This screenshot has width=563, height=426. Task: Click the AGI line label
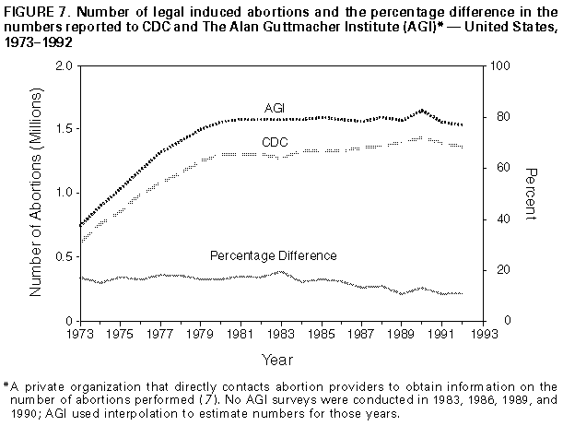(x=274, y=108)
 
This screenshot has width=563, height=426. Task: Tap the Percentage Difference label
(x=273, y=255)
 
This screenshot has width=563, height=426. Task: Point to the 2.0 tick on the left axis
(x=65, y=67)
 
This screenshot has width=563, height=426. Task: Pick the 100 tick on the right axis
(x=498, y=67)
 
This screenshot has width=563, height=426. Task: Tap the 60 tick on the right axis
(x=496, y=168)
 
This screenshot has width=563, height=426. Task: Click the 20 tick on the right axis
(x=496, y=269)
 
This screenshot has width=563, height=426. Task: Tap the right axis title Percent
(x=531, y=193)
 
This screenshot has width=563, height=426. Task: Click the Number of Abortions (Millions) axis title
(x=37, y=193)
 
